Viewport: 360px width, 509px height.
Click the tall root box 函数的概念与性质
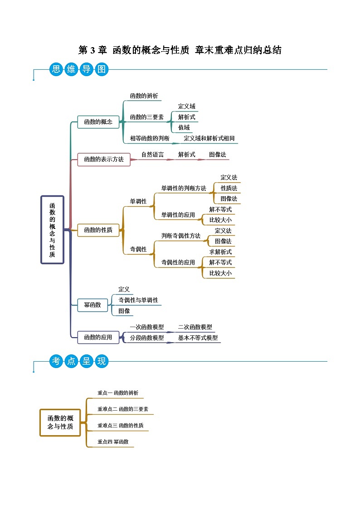tap(53, 229)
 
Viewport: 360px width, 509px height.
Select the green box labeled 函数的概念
tap(98, 122)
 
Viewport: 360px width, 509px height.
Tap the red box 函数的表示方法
tap(103, 160)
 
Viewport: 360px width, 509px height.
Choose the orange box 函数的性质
tap(98, 230)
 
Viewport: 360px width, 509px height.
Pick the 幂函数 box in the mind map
tap(92, 305)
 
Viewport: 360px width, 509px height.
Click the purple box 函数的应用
tap(98, 337)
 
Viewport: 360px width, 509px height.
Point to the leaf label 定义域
tap(186, 107)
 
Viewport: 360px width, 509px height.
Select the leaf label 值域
tap(184, 127)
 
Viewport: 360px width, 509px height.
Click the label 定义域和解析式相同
tap(209, 138)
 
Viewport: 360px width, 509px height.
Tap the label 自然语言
tap(152, 155)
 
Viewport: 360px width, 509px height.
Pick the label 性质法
tap(229, 188)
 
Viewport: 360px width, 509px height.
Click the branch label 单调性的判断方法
tap(184, 188)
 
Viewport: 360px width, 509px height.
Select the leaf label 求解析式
tap(220, 252)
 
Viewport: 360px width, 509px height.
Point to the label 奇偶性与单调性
tap(138, 300)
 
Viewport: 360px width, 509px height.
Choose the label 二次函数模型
tap(195, 327)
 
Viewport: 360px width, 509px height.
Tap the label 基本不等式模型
tap(198, 338)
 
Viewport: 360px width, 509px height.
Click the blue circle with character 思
tap(56, 69)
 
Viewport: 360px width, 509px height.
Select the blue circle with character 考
tap(56, 361)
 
